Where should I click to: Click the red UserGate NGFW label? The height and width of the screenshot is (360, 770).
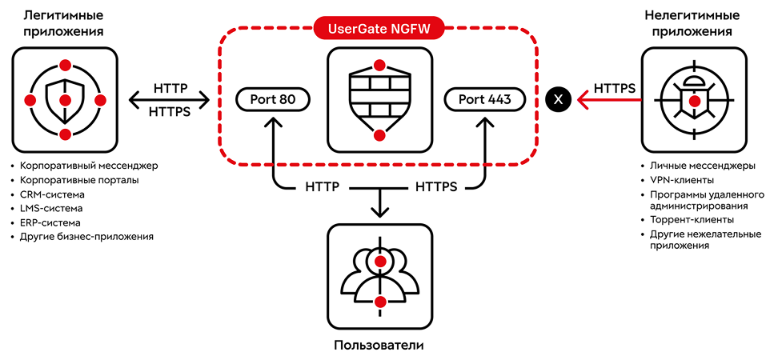tap(379, 30)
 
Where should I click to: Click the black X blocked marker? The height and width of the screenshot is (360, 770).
tap(559, 99)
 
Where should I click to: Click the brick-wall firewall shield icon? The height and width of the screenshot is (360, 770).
tap(380, 99)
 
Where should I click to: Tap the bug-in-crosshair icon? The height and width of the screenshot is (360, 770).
tap(695, 99)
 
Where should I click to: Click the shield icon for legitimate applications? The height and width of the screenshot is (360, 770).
tap(66, 99)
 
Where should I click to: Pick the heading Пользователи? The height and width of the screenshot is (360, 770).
tap(379, 346)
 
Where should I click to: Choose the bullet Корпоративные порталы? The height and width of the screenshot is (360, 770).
tap(79, 180)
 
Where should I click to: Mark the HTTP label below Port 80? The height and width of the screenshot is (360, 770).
tap(323, 187)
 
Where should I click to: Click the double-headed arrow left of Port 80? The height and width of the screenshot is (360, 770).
tap(170, 100)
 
